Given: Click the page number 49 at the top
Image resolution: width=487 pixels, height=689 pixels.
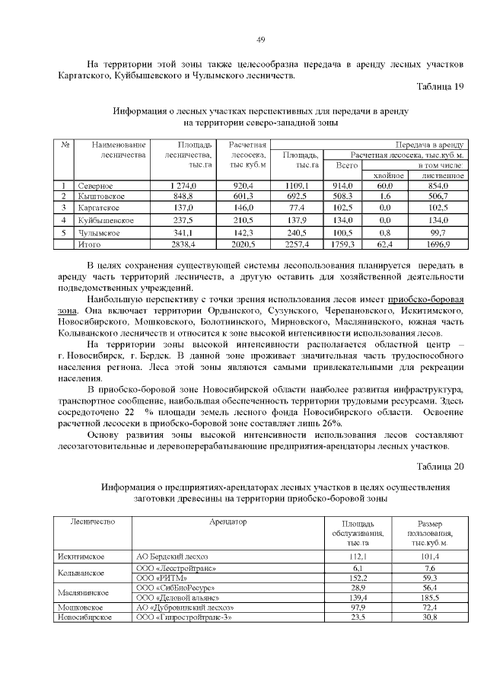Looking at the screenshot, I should (260, 39).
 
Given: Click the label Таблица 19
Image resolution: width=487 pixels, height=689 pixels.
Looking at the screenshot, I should (440, 87).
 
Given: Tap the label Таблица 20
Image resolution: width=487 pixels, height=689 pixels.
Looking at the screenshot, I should (440, 466).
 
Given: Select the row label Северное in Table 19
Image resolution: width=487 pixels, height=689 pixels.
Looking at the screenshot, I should (95, 186).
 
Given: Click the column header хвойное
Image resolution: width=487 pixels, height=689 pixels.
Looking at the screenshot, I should (389, 175).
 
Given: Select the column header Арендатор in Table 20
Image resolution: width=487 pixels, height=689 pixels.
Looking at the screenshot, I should (228, 522).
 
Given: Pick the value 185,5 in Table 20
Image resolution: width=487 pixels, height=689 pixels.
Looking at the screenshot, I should (430, 598).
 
